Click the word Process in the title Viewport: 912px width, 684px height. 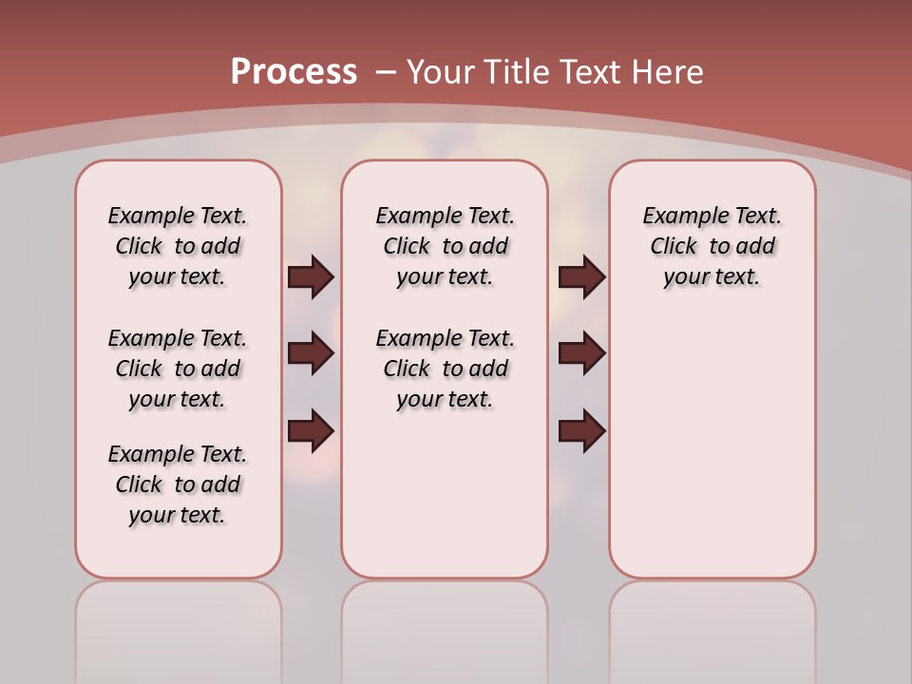click(x=294, y=72)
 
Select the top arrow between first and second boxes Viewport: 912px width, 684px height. click(x=311, y=277)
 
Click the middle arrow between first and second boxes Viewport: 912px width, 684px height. click(x=311, y=353)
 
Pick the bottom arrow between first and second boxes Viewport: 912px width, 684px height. click(x=311, y=430)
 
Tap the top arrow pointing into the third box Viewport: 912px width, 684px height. click(x=581, y=277)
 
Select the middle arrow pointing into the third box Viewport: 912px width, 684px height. click(x=581, y=353)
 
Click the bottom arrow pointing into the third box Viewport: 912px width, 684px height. click(x=581, y=430)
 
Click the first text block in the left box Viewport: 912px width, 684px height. click(x=178, y=246)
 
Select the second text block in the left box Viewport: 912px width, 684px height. click(x=178, y=369)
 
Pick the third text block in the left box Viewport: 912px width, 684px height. click(x=178, y=484)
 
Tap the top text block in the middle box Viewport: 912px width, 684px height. click(x=445, y=246)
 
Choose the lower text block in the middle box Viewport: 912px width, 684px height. click(x=445, y=369)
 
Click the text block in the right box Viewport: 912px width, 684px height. click(x=712, y=246)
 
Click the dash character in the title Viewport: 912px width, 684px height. click(x=387, y=72)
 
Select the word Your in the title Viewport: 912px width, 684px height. click(x=441, y=72)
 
